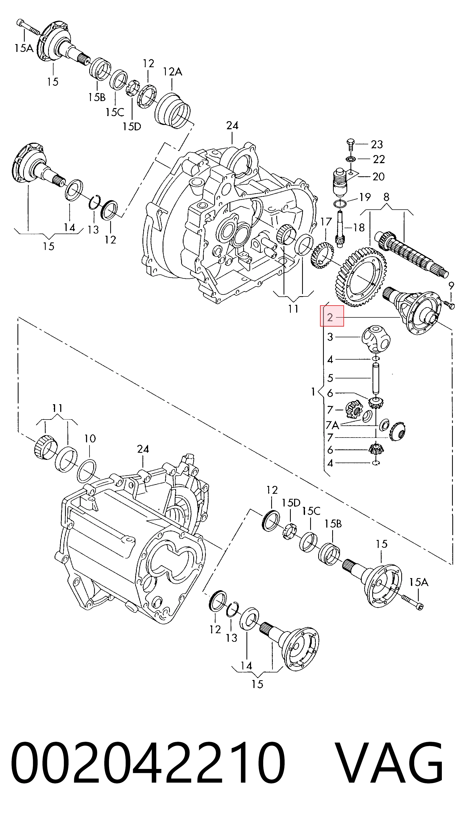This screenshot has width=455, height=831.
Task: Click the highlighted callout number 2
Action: tap(330, 318)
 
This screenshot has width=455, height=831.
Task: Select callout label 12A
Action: tap(173, 71)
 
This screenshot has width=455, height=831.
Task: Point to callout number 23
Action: tap(377, 144)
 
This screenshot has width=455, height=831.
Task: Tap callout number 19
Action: tap(365, 197)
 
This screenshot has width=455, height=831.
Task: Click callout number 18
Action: tap(359, 227)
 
